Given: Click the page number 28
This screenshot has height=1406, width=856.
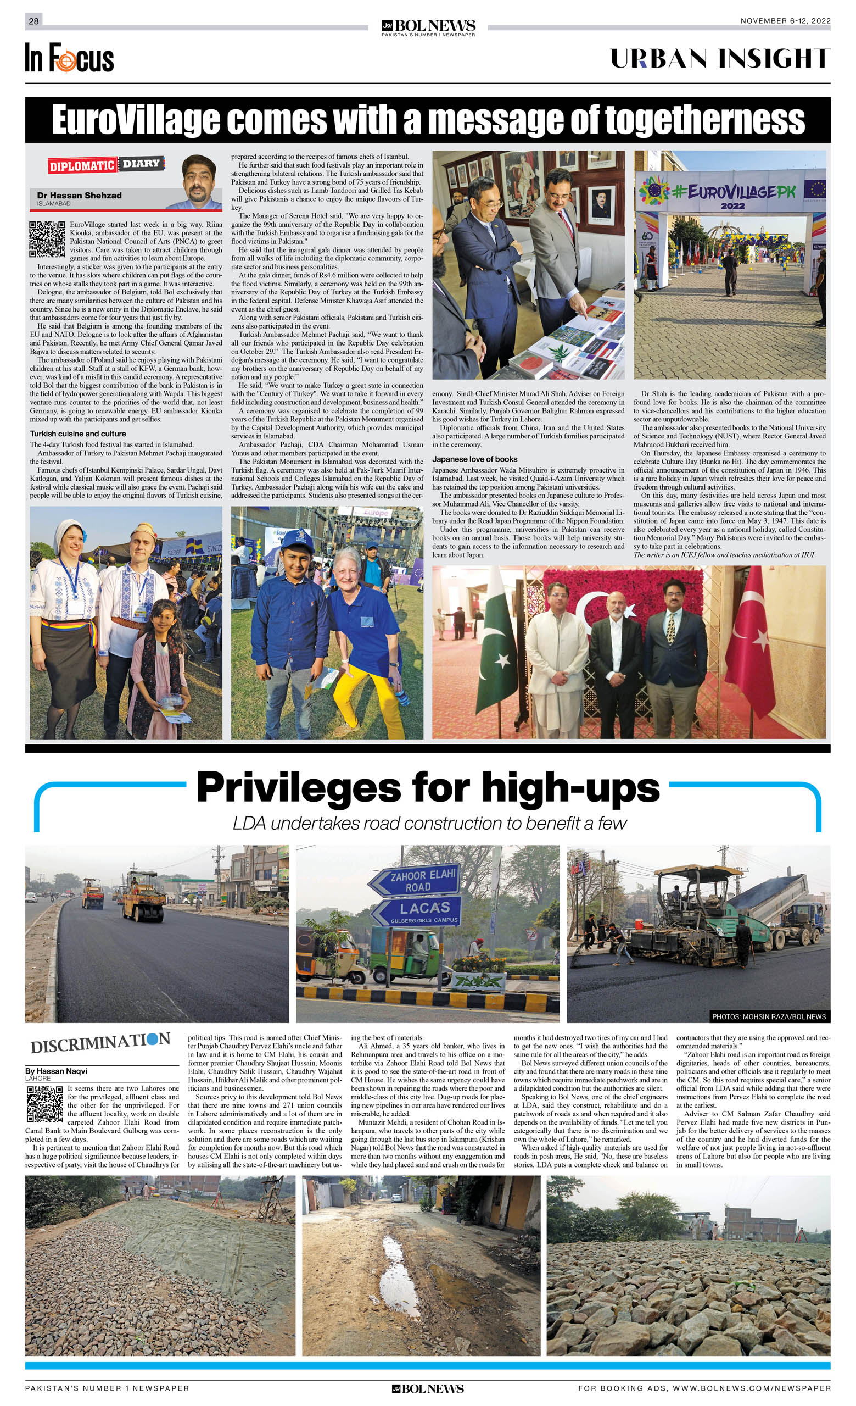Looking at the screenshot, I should (x=33, y=21).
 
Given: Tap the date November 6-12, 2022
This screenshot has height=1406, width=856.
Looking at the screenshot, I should (x=785, y=21).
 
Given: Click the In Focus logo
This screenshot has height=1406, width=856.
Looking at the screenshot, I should (x=69, y=58).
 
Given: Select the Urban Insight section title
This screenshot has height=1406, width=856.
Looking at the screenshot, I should (x=720, y=59).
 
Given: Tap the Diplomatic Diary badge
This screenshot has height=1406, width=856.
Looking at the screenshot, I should (x=106, y=165).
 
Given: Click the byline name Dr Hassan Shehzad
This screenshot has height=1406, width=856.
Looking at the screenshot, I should (x=79, y=195).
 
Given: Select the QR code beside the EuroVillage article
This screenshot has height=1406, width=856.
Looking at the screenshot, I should (x=47, y=239).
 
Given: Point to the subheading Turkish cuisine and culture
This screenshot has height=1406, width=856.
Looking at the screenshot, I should (x=78, y=434).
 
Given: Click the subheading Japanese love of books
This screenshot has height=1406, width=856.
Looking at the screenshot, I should (x=474, y=459).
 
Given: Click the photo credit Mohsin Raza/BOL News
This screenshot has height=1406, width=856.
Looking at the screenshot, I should (x=768, y=1016).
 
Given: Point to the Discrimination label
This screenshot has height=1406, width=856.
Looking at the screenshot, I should (x=100, y=1042).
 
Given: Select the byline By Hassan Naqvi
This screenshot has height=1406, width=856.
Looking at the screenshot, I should (x=56, y=1071).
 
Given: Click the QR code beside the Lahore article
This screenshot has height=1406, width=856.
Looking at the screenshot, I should (x=44, y=1104).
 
